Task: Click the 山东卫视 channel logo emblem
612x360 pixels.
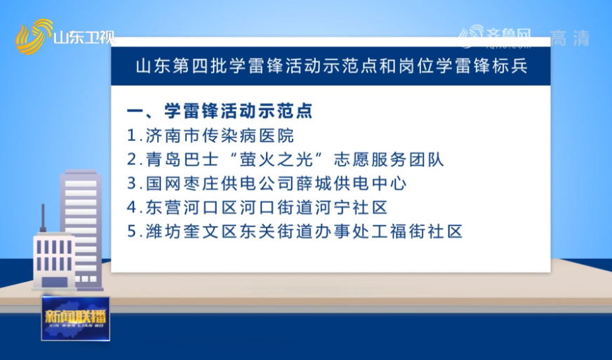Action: point(34,36)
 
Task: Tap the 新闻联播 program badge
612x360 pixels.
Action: point(76,318)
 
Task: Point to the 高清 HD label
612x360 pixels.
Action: point(570,39)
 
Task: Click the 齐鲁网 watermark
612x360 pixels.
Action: point(495,37)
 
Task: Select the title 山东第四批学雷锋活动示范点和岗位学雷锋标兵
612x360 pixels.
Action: point(332,67)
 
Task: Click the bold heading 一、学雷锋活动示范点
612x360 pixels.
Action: point(220,111)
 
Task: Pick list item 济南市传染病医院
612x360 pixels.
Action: point(220,135)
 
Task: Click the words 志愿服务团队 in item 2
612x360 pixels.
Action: point(389,159)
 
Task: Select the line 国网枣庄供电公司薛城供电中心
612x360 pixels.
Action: point(276,184)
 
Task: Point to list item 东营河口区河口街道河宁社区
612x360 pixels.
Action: point(267,207)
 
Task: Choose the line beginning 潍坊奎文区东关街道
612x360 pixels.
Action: point(304,232)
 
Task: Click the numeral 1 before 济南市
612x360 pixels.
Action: point(132,136)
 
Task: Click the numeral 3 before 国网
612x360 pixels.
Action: point(132,184)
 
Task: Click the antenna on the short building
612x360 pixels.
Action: point(43,218)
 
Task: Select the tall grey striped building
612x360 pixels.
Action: point(81,230)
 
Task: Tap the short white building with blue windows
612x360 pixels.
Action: point(54,261)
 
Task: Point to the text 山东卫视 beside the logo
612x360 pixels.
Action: point(84,37)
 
